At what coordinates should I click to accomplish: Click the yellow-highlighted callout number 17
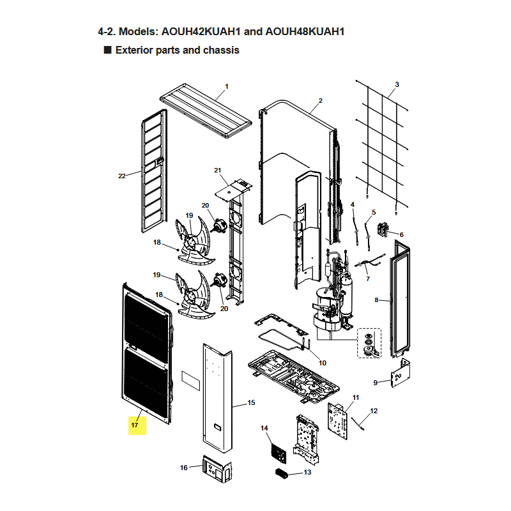[x=135, y=425]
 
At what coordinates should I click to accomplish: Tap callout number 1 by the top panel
[x=227, y=86]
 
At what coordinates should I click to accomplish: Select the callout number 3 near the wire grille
[x=397, y=84]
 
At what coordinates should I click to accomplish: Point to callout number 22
[x=122, y=176]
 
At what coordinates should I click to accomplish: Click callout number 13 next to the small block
[x=307, y=472]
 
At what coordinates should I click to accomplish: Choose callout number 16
[x=184, y=468]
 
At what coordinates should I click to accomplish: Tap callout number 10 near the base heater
[x=323, y=363]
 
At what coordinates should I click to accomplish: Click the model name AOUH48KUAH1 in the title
[x=305, y=31]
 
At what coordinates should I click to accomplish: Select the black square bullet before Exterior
[x=107, y=50]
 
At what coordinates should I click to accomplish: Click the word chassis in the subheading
[x=221, y=50]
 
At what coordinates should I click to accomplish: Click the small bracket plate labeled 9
[x=401, y=373]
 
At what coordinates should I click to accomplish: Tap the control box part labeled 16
[x=217, y=469]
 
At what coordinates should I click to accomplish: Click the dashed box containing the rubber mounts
[x=369, y=343]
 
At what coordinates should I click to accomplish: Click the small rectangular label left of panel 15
[x=190, y=380]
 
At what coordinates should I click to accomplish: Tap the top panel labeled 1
[x=206, y=111]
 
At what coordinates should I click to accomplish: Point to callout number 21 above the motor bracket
[x=217, y=171]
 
